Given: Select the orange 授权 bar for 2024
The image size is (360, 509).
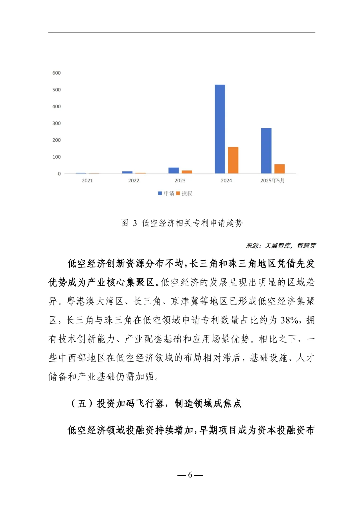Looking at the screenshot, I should point(233,160).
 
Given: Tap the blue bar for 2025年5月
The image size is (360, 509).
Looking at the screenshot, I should point(266,151).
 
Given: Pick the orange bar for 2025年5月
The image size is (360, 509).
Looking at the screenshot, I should point(279,169).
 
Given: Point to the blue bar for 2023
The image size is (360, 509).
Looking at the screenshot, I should point(174,170).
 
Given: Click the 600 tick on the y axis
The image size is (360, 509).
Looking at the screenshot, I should point(57,73).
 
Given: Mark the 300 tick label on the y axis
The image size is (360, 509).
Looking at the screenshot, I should point(57,123).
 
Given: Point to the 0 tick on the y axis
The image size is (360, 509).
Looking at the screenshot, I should point(59,174).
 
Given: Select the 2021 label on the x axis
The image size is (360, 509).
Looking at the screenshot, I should point(87,181).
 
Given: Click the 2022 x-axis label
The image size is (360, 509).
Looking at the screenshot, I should point(134,181).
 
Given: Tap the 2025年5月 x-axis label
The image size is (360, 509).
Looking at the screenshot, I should point(272,181).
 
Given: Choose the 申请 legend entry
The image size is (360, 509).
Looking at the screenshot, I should point(167,193).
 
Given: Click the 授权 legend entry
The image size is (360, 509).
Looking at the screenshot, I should point(185,193).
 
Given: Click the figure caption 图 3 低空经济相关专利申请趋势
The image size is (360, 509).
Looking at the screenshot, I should point(182,223).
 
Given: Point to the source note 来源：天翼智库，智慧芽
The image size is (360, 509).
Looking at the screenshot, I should point(281,246).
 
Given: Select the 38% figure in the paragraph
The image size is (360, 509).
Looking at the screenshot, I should point(289,320).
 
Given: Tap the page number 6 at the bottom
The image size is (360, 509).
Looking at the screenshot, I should point(190,475).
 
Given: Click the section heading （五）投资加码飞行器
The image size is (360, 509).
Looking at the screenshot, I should point(156,404).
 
